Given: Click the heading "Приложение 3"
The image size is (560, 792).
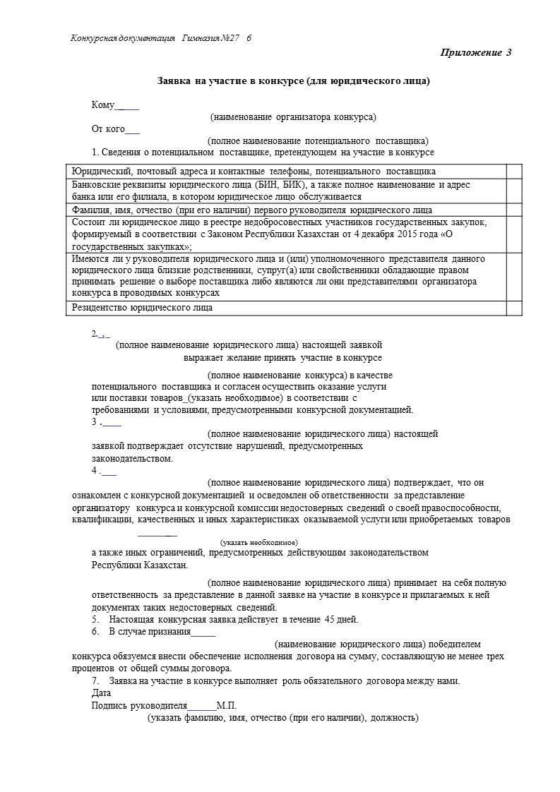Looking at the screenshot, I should point(475,53).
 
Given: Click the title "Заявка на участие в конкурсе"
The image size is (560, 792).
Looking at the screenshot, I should point(292,81).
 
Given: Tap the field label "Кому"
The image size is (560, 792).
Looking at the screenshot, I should point(103,105).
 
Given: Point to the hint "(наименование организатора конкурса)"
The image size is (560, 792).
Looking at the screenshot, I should point(293,117).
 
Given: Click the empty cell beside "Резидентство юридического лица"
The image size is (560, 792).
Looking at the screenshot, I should point(514,308).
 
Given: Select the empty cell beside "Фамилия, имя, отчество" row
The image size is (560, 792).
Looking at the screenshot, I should point(514,210).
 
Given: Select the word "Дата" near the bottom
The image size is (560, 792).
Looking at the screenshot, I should point(101,693).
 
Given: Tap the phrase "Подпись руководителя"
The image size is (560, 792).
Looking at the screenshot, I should point(139,705).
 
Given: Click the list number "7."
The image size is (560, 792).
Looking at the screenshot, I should point(95,681).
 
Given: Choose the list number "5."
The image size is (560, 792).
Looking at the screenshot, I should point(95,620).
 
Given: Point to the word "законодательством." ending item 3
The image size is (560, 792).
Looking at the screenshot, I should point(132,458).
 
